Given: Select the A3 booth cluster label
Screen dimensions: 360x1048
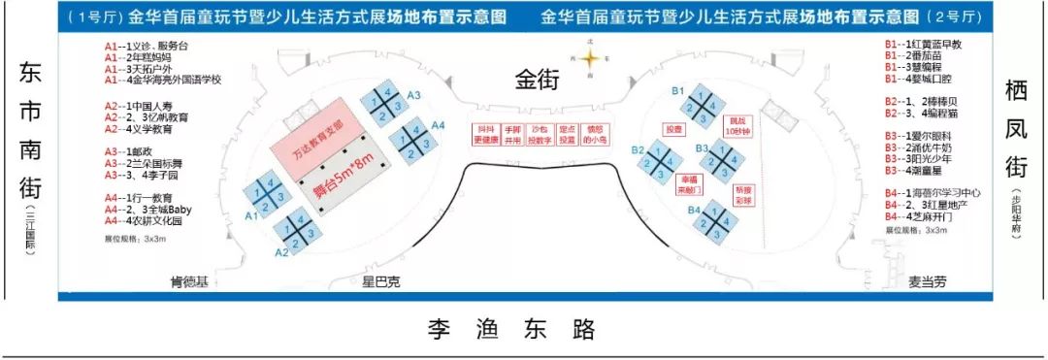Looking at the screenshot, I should pyautogui.click(x=413, y=94).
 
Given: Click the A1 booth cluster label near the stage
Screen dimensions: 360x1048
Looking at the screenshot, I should pyautogui.click(x=250, y=215).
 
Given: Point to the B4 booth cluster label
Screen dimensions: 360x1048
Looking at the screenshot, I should pyautogui.click(x=694, y=210).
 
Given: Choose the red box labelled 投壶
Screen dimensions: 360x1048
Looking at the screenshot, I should pyautogui.click(x=673, y=129).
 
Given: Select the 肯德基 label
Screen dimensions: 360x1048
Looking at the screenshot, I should pyautogui.click(x=189, y=280).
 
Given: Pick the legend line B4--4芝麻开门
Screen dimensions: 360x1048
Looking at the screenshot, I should pyautogui.click(x=920, y=217).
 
